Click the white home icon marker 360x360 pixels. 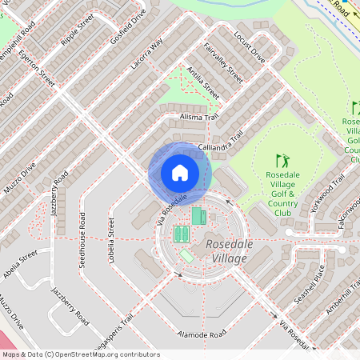(x=180, y=173)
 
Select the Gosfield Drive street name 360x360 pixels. (x=128, y=28)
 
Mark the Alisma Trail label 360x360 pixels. (x=199, y=117)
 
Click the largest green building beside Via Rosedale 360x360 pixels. (x=198, y=216)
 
